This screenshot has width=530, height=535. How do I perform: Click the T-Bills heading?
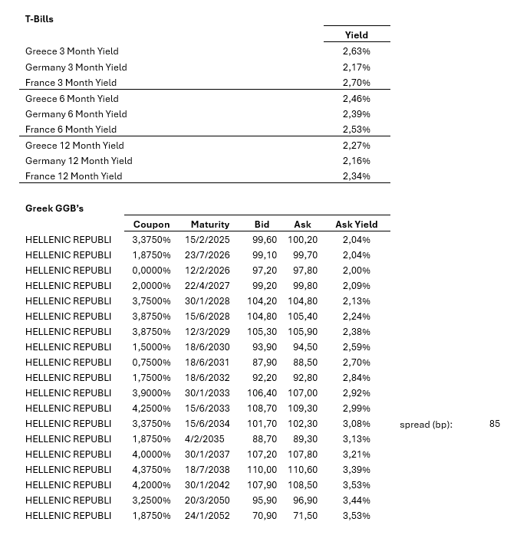39,18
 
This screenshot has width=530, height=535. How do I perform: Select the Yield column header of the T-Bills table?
356,34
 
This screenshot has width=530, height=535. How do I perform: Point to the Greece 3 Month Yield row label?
72,51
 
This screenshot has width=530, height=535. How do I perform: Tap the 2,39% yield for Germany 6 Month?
356,114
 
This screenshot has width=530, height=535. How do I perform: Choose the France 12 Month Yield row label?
74,176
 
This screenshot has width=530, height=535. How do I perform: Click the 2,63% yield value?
356,51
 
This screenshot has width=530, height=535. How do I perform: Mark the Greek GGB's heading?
54,208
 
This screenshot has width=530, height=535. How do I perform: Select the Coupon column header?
151,225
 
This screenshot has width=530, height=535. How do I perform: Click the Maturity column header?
210,225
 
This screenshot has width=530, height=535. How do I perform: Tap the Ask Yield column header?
356,225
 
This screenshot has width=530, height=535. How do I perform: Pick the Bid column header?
262,225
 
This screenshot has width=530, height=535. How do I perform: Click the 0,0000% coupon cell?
151,271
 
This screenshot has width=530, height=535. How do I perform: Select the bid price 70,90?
265,516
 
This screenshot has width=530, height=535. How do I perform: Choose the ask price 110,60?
302,470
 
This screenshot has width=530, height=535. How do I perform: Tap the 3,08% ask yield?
356,424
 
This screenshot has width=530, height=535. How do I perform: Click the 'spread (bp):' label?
426,425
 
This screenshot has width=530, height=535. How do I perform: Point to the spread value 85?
494,424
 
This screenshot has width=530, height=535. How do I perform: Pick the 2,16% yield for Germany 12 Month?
356,161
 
